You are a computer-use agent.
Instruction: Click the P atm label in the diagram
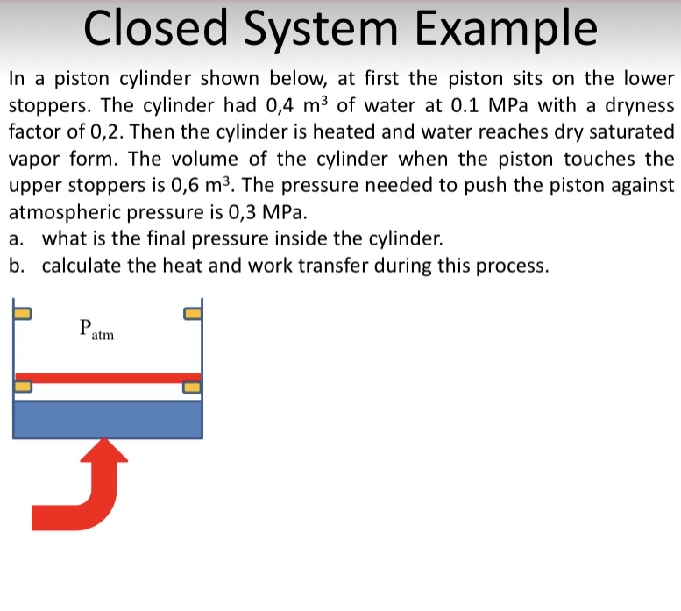coord(95,330)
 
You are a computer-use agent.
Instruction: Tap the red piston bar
coord(108,377)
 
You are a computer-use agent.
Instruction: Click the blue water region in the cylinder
coord(108,419)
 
